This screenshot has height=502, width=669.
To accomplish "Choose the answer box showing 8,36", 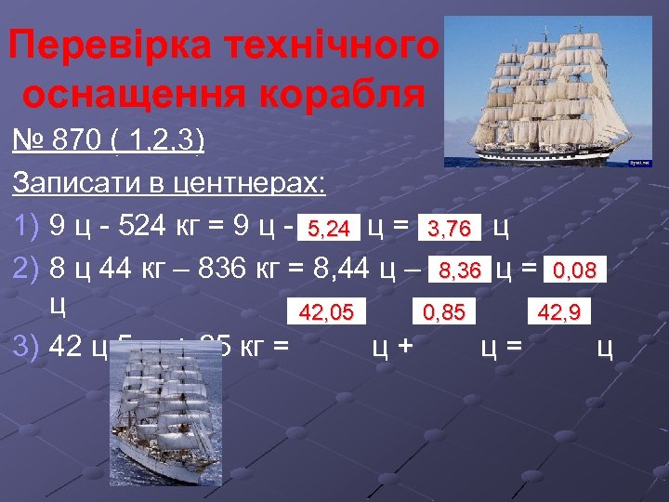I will [460, 271].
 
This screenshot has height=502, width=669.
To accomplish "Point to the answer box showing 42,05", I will [326, 312].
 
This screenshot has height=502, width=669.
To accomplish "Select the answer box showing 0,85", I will [444, 312].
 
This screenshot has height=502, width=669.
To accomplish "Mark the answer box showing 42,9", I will [558, 312].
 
